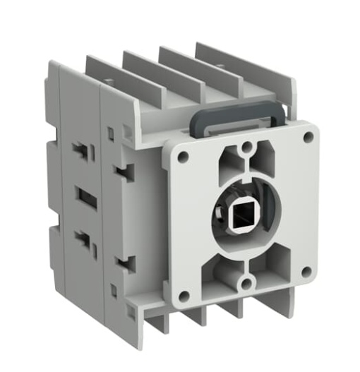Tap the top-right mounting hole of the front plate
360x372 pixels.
[308, 137]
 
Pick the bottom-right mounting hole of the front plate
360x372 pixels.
[306, 272]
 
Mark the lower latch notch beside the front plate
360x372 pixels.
[127, 264]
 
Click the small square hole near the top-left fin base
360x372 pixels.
[110, 132]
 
